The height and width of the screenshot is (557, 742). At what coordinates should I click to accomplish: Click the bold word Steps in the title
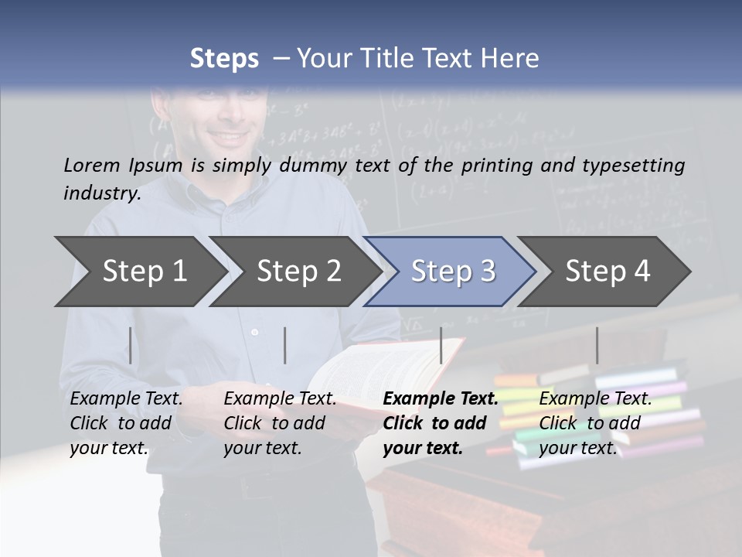point(224,59)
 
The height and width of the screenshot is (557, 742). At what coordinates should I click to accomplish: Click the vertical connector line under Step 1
point(131,345)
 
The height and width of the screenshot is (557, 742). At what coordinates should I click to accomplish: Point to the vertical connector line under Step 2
point(285,345)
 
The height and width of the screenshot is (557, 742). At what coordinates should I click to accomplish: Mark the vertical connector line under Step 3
point(441,345)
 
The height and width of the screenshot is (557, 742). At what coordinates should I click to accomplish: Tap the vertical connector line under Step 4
point(597,345)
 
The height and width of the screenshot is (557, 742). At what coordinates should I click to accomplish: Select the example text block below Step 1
point(126,423)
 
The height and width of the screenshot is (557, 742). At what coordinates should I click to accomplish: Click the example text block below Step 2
point(280,423)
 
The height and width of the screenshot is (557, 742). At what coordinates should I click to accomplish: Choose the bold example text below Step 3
point(441,423)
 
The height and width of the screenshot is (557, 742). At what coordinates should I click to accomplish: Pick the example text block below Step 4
point(595,423)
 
